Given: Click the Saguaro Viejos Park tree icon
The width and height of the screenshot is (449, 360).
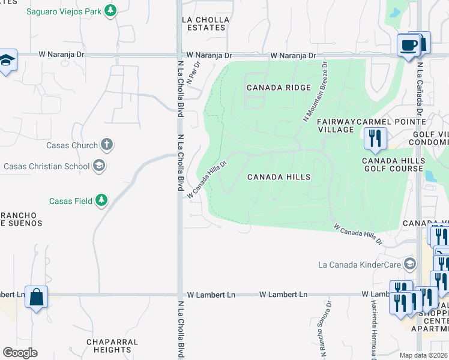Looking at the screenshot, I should pyautogui.click(x=110, y=10).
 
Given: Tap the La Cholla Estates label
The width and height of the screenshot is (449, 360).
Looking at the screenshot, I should pyautogui.click(x=205, y=23).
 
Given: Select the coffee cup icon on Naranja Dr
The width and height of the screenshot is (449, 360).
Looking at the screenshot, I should pyautogui.click(x=408, y=45).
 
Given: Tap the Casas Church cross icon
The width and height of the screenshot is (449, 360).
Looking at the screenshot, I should pyautogui.click(x=107, y=145).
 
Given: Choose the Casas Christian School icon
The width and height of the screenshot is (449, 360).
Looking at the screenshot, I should pyautogui.click(x=99, y=166).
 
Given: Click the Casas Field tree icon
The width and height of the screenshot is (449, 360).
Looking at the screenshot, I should pyautogui.click(x=102, y=200).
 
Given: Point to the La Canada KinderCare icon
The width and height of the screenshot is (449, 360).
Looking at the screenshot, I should pyautogui.click(x=410, y=264).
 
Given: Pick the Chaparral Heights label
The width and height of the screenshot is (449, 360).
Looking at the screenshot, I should pyautogui.click(x=112, y=346).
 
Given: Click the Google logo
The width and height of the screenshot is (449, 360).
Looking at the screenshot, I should pyautogui.click(x=20, y=353).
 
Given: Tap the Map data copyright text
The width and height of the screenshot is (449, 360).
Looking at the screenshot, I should pyautogui.click(x=423, y=355).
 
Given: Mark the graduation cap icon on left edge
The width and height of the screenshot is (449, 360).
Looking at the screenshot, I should pyautogui.click(x=7, y=60).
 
